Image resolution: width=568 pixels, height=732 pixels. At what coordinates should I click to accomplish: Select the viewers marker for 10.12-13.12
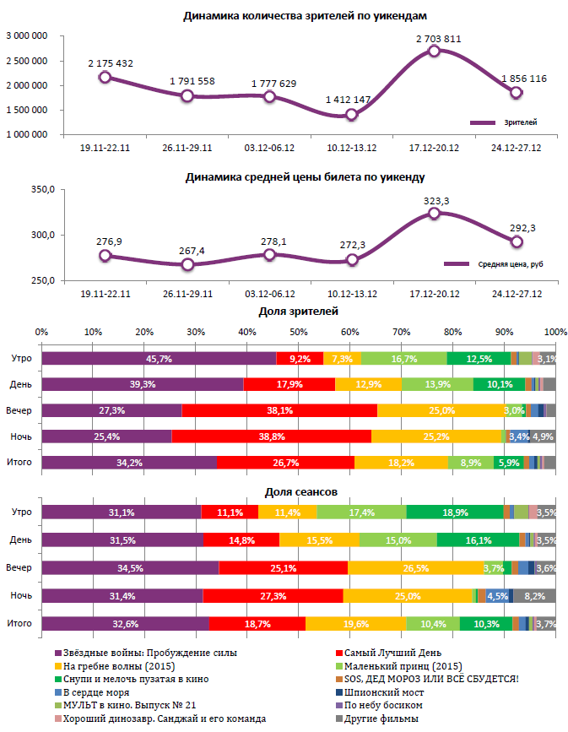pyautogui.click(x=352, y=114)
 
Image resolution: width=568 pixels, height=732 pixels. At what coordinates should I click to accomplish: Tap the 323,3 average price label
pyautogui.click(x=435, y=200)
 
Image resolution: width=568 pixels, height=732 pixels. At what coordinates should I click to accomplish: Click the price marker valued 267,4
pyautogui.click(x=187, y=264)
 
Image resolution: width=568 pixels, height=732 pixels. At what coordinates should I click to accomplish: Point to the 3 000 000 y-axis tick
pyautogui.click(x=25, y=35)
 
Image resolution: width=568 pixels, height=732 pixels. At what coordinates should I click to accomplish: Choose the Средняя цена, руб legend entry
pyautogui.click(x=501, y=264)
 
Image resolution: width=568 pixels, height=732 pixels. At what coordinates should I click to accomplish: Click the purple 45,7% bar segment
pyautogui.click(x=159, y=359)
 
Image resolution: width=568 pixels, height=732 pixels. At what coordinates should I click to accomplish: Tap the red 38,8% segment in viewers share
pyautogui.click(x=271, y=436)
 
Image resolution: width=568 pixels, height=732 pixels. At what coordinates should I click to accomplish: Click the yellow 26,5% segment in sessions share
pyautogui.click(x=414, y=568)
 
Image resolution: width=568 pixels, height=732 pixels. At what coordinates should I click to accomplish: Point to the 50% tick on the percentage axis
pyautogui.click(x=299, y=331)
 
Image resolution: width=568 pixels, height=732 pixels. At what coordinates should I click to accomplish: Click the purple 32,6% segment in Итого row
pyautogui.click(x=125, y=624)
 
